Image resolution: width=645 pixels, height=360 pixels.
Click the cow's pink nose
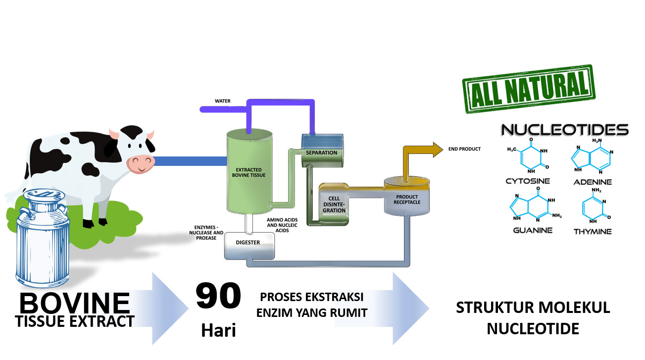click(x=140, y=163)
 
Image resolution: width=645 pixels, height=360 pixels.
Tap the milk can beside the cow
click(x=43, y=238)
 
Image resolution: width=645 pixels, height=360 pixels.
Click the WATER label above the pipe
click(x=222, y=101)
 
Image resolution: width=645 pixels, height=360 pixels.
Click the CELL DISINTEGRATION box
click(x=334, y=204)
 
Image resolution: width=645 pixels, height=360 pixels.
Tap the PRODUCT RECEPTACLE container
click(x=407, y=199)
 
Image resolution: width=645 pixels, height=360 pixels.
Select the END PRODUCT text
click(x=464, y=149)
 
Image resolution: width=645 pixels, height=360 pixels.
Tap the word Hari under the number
click(x=218, y=330)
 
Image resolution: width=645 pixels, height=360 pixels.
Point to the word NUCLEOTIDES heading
click(x=565, y=130)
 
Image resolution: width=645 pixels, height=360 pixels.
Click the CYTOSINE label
click(x=528, y=181)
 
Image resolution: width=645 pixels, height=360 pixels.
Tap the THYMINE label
click(x=593, y=231)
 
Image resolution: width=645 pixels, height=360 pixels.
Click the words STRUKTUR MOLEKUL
click(x=533, y=308)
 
